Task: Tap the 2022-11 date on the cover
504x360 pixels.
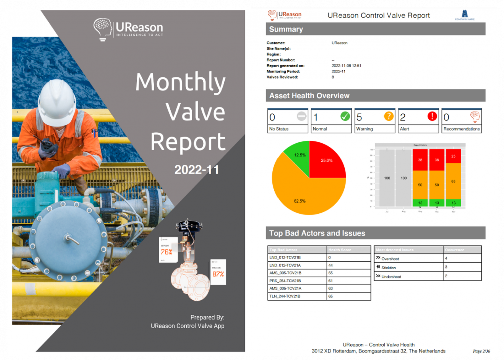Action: point(197,170)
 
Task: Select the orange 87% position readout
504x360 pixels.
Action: point(218,274)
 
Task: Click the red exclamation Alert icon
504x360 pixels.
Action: point(432,117)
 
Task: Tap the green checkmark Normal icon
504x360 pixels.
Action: point(345,117)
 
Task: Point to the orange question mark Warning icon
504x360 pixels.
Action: point(389,117)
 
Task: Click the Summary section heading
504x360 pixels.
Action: point(286,29)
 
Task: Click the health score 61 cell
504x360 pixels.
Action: point(331,281)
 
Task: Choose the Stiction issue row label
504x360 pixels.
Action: point(388,268)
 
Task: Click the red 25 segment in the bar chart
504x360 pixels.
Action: point(453,156)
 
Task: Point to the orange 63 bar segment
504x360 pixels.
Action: point(453,181)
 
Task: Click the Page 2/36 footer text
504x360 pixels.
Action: point(481,351)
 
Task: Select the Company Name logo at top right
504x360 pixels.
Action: point(464,15)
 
